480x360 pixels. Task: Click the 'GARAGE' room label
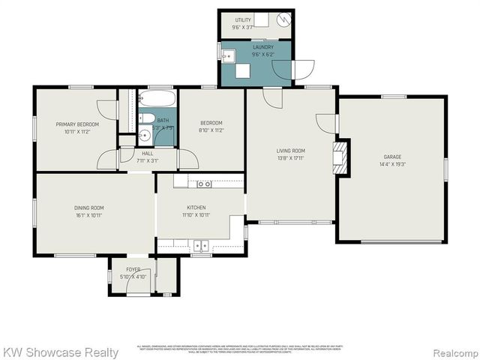[392, 157]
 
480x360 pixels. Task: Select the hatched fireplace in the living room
[342, 157]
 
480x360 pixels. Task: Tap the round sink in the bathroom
[144, 136]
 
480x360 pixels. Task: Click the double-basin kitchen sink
[200, 244]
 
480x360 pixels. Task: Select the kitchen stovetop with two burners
[204, 184]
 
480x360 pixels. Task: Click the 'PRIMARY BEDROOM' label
[74, 123]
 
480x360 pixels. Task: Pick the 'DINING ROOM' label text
[88, 208]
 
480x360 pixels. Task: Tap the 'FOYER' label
[133, 268]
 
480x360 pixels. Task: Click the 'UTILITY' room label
[243, 20]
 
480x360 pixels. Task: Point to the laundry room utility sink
[229, 55]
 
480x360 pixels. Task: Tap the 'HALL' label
[147, 153]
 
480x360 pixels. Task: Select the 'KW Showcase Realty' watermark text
[61, 352]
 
